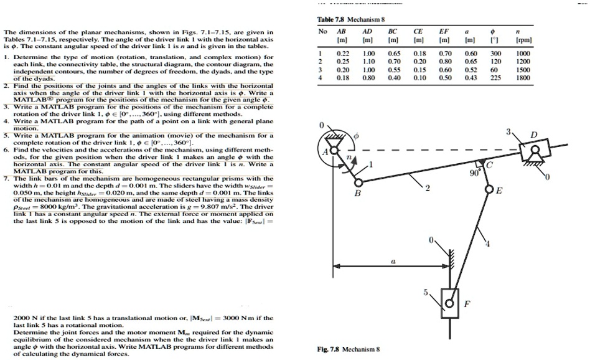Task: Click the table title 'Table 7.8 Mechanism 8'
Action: [x=349, y=19]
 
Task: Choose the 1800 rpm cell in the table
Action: [x=523, y=78]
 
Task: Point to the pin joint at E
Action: [x=489, y=190]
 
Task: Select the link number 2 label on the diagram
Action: [x=426, y=187]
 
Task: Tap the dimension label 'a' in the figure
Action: [x=393, y=263]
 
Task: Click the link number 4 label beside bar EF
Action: [x=487, y=243]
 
